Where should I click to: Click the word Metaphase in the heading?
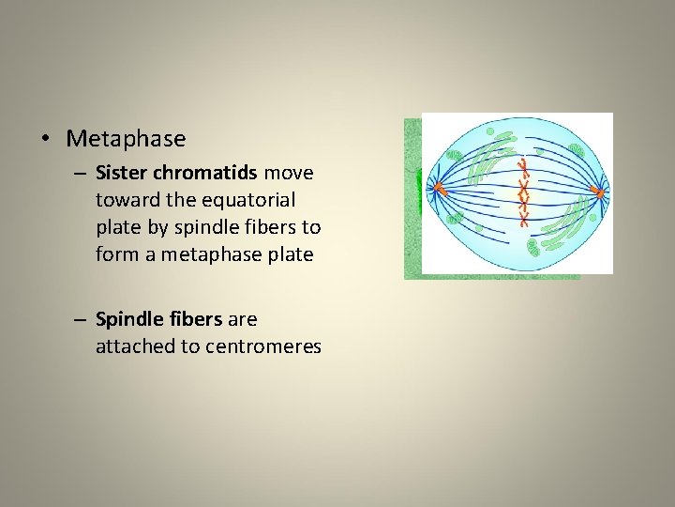click(126, 139)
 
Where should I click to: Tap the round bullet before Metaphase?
click(45, 140)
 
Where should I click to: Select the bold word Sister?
click(118, 173)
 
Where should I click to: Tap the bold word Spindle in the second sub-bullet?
click(126, 319)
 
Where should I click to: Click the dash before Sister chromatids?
click(82, 173)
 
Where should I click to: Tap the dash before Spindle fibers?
click(82, 319)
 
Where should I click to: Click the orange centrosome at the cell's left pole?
click(437, 189)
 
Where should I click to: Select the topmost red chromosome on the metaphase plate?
click(524, 166)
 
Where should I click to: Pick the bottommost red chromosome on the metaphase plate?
click(524, 220)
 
